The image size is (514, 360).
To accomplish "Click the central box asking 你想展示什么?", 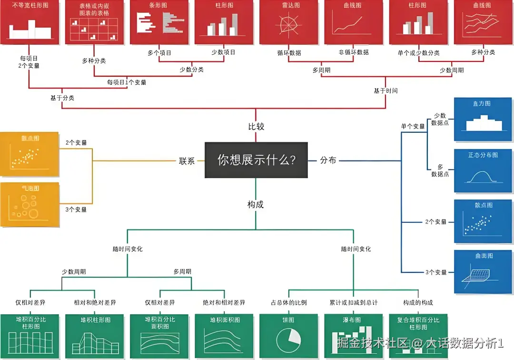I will click(256, 160).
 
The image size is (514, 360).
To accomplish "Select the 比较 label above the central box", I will click(256, 127).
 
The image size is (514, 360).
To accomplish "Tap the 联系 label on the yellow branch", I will click(187, 161).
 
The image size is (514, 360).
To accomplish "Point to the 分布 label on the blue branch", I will click(328, 160).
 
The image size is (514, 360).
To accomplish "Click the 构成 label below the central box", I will click(256, 204).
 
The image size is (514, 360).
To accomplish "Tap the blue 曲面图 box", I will click(483, 271).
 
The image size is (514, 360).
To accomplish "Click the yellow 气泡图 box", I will click(30, 204).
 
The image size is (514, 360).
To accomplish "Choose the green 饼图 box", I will click(288, 336).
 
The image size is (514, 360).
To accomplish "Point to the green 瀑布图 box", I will click(353, 336).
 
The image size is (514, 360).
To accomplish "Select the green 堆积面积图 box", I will click(223, 336).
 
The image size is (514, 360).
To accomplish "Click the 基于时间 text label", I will click(385, 90).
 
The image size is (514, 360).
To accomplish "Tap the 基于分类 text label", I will click(62, 98).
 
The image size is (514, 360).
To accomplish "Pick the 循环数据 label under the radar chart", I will click(289, 52).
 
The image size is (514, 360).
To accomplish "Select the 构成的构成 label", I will click(418, 302).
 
